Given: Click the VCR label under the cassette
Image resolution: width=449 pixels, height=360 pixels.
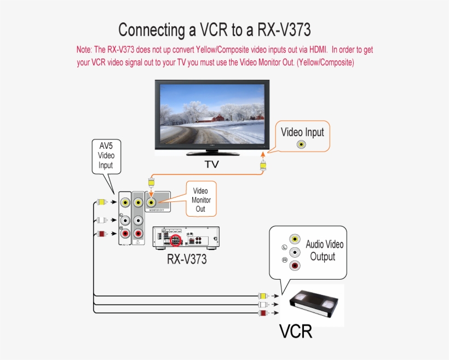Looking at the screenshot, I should [x=296, y=332].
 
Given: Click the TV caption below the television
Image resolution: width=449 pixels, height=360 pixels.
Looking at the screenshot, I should [x=211, y=164].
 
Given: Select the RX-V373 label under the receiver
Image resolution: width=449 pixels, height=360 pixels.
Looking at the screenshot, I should [x=187, y=259].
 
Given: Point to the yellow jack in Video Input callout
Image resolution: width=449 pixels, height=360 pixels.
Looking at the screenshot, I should [x=301, y=144].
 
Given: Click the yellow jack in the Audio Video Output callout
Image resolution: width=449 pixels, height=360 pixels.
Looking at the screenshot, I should [x=295, y=239].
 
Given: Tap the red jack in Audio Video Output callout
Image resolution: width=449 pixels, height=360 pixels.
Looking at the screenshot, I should [x=295, y=266].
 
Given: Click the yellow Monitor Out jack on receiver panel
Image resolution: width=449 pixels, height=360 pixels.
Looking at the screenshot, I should [x=151, y=202].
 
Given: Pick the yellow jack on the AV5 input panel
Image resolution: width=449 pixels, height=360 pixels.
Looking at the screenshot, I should [x=125, y=202].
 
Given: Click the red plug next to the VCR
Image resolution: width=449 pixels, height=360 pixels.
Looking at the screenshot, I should [x=263, y=312].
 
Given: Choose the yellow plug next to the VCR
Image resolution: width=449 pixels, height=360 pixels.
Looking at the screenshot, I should [x=263, y=296].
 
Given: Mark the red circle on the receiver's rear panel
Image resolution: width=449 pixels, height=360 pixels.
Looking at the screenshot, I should [x=176, y=240].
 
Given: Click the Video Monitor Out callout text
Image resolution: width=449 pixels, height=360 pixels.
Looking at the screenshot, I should [x=201, y=200].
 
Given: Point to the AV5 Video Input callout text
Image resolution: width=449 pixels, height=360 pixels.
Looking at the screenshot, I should [x=106, y=155].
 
